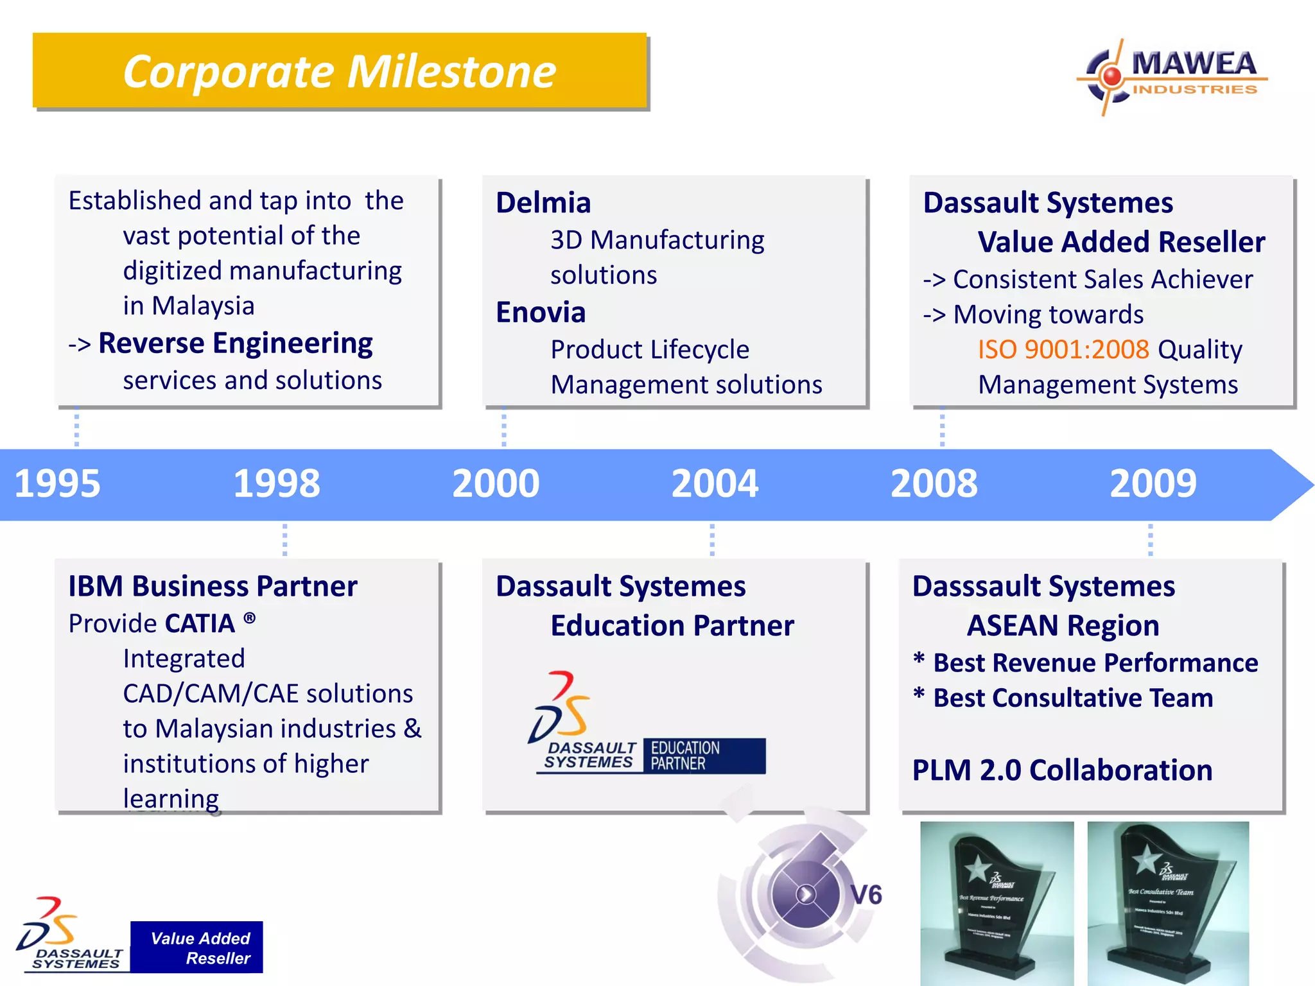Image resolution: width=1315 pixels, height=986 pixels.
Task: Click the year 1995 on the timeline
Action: (57, 483)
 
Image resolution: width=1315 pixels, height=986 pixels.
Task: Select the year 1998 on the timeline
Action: (277, 483)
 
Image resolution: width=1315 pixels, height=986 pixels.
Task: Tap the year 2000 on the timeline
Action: (496, 483)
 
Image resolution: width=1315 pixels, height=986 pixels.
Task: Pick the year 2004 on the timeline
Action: (715, 483)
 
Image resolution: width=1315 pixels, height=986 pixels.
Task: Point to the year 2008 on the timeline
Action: (934, 483)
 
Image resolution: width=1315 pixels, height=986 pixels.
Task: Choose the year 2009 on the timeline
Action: (1153, 483)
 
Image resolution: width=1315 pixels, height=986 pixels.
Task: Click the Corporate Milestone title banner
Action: (340, 71)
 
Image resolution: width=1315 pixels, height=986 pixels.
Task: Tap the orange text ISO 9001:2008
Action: (1063, 350)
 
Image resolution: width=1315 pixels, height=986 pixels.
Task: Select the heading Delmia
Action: (543, 203)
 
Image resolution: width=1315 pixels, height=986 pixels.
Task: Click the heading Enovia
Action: (541, 313)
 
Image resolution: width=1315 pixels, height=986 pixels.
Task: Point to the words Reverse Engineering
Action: (235, 343)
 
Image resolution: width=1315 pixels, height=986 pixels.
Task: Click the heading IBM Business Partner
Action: (213, 586)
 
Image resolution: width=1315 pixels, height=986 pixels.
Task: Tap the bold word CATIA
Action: (200, 624)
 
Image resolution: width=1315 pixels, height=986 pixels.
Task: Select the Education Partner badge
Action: (704, 756)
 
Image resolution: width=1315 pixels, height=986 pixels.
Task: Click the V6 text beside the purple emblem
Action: (866, 895)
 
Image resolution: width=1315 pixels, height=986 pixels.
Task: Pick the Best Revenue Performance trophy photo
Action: (997, 903)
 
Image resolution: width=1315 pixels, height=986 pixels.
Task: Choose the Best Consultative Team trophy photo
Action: (1168, 903)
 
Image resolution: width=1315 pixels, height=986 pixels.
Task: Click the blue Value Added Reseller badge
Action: (196, 947)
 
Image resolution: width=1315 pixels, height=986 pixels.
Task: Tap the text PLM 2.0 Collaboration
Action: (1062, 770)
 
